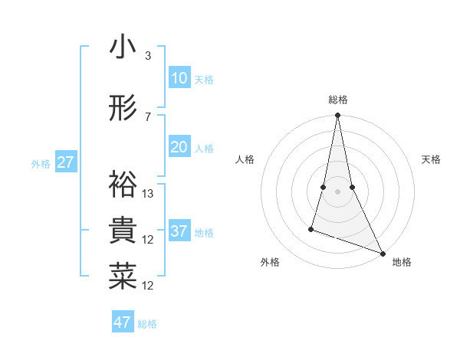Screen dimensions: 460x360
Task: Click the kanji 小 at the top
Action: (123, 47)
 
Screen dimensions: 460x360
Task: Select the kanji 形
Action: (123, 109)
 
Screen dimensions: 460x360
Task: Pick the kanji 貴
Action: (123, 231)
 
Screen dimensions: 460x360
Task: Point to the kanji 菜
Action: (123, 277)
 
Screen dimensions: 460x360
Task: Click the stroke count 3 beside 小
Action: (148, 56)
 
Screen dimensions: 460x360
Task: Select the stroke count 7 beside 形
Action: (148, 116)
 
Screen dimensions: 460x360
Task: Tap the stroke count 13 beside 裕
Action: (149, 193)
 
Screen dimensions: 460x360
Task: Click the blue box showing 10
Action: (179, 78)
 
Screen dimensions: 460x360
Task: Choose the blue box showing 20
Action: (179, 147)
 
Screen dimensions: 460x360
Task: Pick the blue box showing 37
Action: (179, 231)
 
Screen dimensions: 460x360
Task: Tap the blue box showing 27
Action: (65, 162)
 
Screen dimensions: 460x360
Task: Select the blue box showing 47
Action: (122, 322)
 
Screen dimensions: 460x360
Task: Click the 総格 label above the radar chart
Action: (338, 100)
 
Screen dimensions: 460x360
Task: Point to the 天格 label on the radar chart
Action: (432, 159)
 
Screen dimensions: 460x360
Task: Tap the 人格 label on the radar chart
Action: (245, 159)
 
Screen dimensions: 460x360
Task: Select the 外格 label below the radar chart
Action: (270, 262)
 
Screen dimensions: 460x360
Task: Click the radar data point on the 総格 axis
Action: (337, 116)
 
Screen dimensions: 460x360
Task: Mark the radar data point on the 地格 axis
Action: (382, 254)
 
